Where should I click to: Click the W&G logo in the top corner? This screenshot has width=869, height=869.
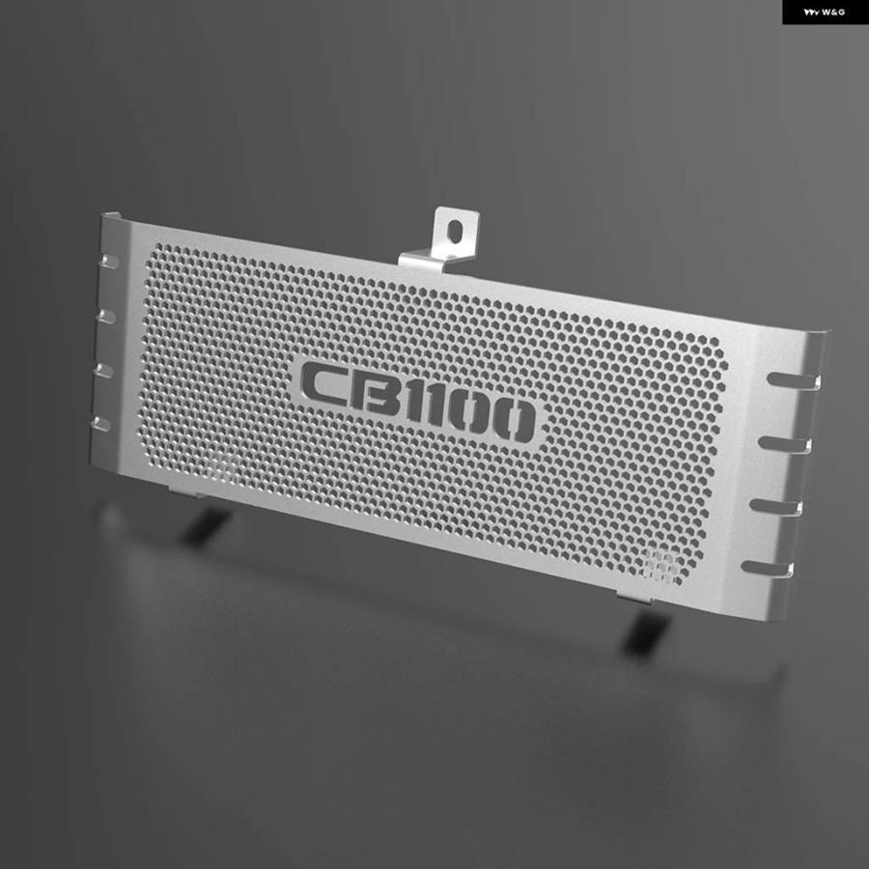point(825,12)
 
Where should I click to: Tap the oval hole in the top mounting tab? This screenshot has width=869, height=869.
point(455,231)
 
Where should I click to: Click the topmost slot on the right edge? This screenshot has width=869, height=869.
point(793,380)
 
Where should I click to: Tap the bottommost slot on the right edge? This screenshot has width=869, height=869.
point(768,569)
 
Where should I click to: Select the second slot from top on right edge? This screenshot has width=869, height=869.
point(785,444)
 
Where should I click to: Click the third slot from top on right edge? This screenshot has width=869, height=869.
point(776,507)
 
